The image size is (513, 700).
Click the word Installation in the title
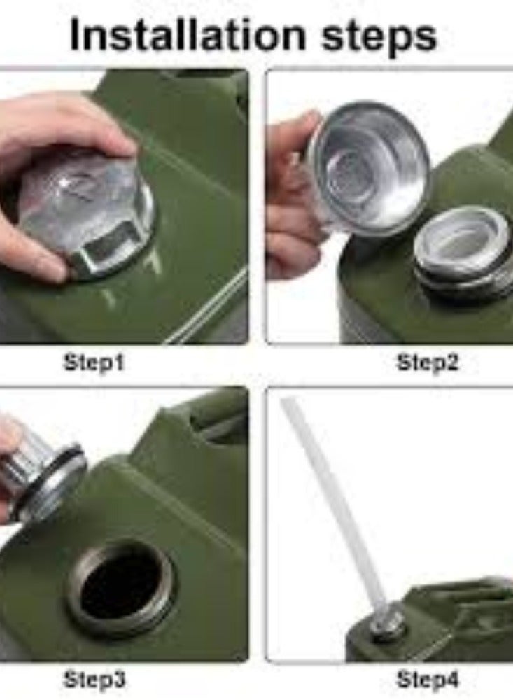pos(188,35)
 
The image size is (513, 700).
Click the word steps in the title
pos(379,36)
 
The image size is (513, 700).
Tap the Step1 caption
pos(94,363)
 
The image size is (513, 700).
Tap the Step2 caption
pos(428,363)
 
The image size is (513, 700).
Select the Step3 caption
pos(94,680)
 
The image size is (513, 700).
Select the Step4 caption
pos(428,680)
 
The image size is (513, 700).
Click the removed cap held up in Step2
pos(367,168)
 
